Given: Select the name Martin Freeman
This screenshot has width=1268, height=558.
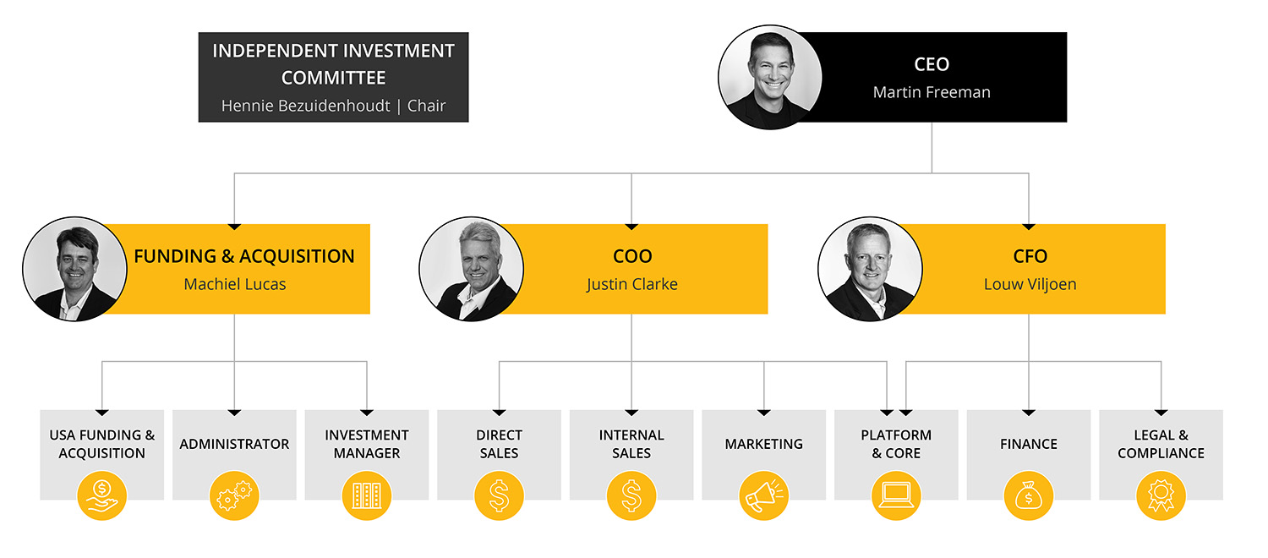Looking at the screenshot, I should coord(932,92).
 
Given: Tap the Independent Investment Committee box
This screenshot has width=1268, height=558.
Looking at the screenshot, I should coord(333,77).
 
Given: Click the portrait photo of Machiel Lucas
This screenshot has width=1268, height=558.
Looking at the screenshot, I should coord(74,269).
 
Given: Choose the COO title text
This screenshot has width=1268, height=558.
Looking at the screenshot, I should coord(632,256).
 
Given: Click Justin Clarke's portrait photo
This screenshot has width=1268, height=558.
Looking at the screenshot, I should coord(471,269).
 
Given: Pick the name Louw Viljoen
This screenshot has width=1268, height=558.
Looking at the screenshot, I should coord(1030,284).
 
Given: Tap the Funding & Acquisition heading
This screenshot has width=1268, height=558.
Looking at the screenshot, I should coord(244,256).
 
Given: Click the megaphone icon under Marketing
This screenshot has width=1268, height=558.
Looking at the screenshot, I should coord(764,495).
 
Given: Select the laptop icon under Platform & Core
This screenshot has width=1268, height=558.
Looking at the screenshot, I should coord(896,495).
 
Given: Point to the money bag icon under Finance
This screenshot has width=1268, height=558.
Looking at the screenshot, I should coord(1029,495).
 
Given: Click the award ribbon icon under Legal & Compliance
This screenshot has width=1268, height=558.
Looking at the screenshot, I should coord(1161,495).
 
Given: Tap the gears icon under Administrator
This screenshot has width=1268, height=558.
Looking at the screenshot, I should coord(234,495).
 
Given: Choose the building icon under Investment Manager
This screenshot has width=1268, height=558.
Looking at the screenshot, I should coord(367,495).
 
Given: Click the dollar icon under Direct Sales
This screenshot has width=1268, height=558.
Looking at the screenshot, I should coord(499,495).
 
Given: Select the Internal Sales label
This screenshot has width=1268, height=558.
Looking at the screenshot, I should coord(631,444).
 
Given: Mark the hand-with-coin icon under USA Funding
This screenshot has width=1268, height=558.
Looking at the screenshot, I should coord(102,495).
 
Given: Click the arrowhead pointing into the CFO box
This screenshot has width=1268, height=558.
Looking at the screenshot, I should coord(1029,227).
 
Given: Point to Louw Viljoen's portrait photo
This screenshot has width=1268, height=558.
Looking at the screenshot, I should coord(870,269).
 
